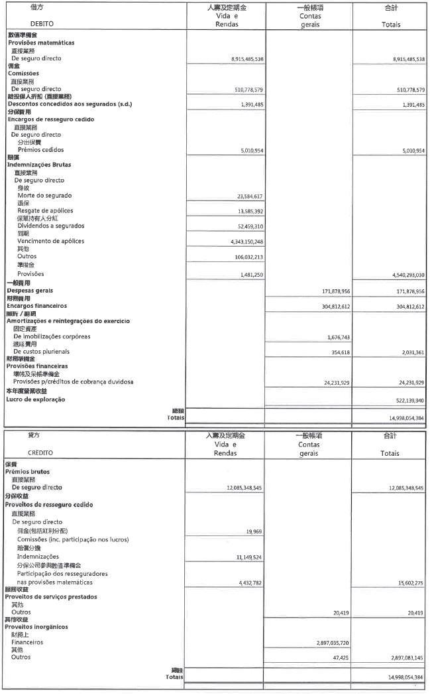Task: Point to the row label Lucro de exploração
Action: pos(36,399)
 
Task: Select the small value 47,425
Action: pos(340,658)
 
